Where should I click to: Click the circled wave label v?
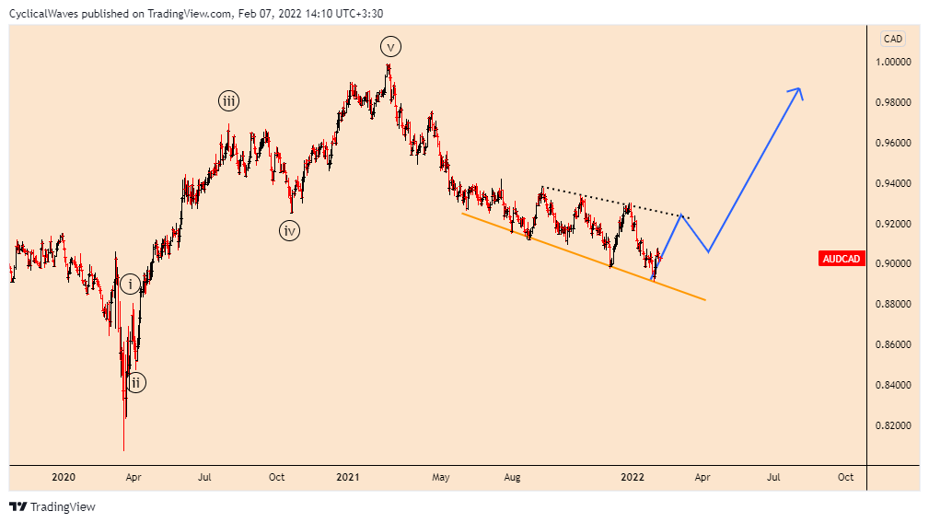(390, 46)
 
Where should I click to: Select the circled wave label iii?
(227, 101)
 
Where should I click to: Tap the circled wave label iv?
(290, 231)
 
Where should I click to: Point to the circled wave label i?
(131, 285)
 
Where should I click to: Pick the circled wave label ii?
(135, 382)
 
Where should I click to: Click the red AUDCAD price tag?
(841, 259)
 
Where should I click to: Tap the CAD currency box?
(892, 39)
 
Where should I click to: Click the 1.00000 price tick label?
(893, 63)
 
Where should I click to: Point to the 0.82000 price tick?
(893, 425)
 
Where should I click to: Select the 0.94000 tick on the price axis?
(893, 183)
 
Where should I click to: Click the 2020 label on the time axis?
(64, 477)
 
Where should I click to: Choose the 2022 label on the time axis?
(632, 477)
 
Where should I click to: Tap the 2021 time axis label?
(347, 477)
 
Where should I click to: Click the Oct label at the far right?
(845, 477)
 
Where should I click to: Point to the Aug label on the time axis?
(513, 477)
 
